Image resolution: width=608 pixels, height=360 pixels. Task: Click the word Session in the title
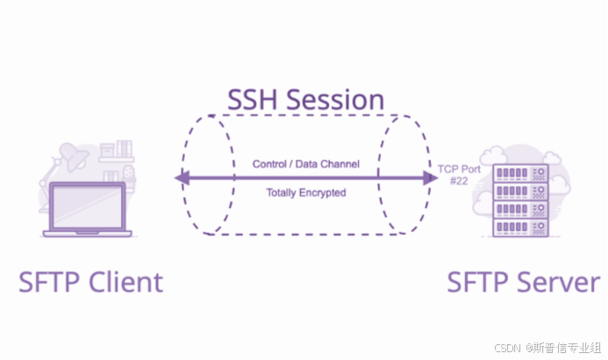click(x=338, y=99)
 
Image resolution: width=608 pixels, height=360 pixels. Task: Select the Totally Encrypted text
click(x=306, y=191)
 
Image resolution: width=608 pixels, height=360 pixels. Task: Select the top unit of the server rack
click(x=521, y=173)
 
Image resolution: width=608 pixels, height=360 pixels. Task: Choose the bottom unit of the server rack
click(x=521, y=226)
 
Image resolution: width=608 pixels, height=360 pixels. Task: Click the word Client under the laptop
click(x=122, y=282)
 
